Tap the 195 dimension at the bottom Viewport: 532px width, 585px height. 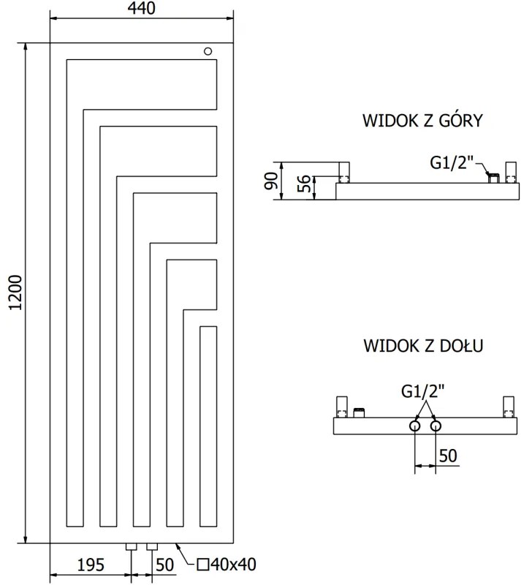[x=91, y=565]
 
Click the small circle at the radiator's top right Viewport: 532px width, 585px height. [x=208, y=51]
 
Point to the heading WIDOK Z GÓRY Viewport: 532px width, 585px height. [x=422, y=121]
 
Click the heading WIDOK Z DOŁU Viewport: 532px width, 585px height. [x=422, y=346]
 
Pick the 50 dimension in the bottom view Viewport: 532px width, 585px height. [x=448, y=455]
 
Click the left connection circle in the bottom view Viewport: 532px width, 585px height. [x=415, y=426]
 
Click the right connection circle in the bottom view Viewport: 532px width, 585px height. [x=436, y=426]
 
